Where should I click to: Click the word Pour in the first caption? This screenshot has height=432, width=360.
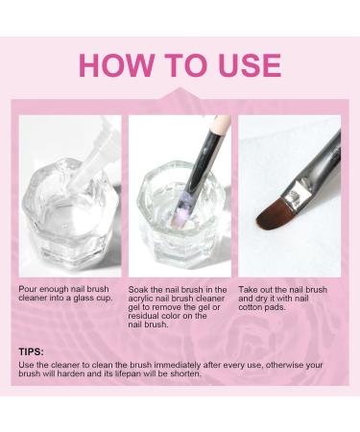click(x=29, y=289)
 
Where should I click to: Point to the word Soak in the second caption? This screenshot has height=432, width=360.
click(x=140, y=289)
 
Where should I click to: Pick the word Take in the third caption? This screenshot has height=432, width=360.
click(x=250, y=289)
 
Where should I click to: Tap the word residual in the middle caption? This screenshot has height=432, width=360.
click(x=145, y=316)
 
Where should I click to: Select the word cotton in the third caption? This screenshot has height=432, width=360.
click(x=252, y=307)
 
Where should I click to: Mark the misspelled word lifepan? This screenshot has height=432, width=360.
click(x=129, y=373)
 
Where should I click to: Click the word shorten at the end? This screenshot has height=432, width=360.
click(x=186, y=373)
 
